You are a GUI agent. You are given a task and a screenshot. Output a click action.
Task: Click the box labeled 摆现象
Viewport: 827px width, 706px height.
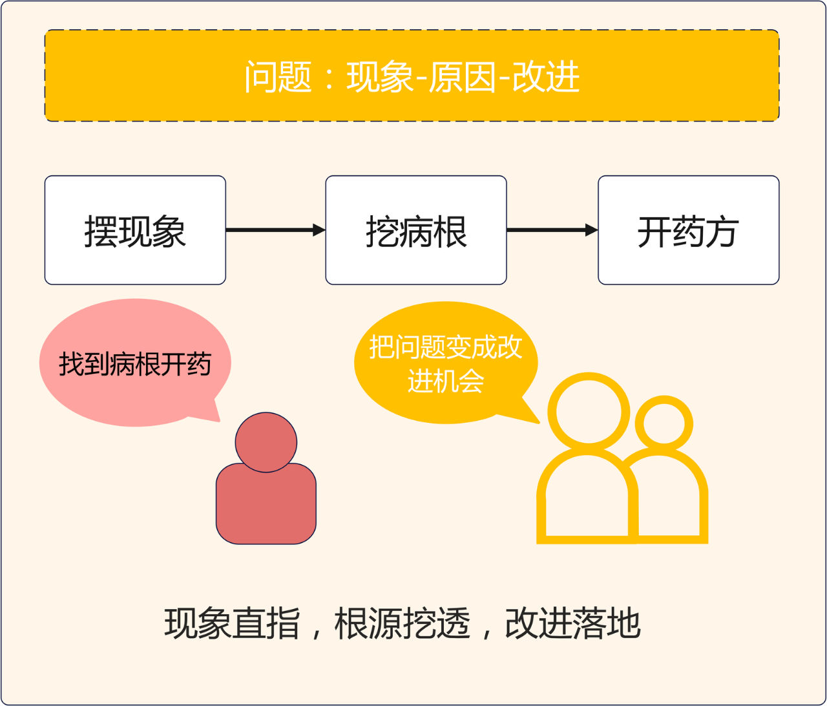coord(135,230)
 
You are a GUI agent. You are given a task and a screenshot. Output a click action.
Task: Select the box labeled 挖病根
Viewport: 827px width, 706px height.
coord(416,230)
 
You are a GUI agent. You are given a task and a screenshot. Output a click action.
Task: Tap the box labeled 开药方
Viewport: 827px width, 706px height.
coord(688,230)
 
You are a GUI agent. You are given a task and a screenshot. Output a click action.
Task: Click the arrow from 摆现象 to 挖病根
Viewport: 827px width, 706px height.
coord(275,230)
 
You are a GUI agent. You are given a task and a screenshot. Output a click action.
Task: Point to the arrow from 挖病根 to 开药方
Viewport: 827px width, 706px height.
coord(552,230)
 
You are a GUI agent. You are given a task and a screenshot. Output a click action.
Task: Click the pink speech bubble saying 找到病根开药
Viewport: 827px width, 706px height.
coord(135,363)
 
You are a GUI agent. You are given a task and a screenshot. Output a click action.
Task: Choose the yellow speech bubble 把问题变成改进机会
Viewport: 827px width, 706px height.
coord(446,363)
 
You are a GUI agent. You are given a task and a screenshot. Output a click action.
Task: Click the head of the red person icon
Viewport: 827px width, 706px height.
coord(266,442)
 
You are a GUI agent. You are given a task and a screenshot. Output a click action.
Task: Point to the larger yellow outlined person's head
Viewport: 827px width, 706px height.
coord(589,412)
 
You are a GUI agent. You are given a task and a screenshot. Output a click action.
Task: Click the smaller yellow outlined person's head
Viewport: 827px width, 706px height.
coord(664,425)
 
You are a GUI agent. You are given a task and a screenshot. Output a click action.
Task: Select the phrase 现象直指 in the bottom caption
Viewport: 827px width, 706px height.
coord(232,623)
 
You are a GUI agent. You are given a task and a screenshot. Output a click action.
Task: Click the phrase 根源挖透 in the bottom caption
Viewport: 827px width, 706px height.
coord(402,623)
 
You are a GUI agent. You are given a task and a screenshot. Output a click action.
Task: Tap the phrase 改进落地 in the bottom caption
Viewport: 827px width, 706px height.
coord(572,623)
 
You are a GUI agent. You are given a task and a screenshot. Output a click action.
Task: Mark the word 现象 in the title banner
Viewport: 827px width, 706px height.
coord(380,77)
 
